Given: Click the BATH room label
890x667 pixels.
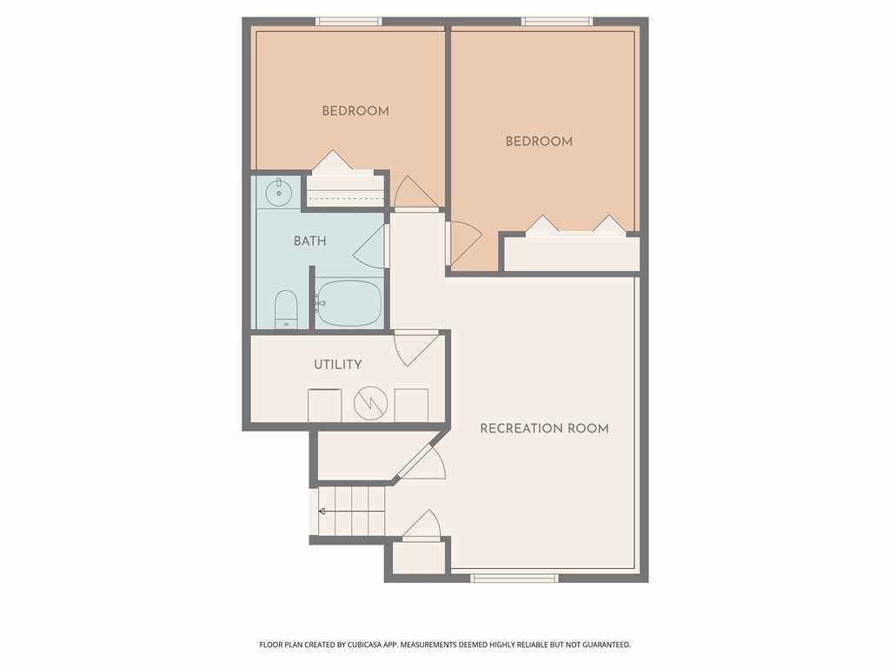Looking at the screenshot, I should [x=309, y=241].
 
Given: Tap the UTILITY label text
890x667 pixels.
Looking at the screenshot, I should [x=338, y=365].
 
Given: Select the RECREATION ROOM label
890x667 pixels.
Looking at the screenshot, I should [x=544, y=428].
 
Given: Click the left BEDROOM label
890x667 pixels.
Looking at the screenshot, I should [x=355, y=111].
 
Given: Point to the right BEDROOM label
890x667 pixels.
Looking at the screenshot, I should [x=539, y=142].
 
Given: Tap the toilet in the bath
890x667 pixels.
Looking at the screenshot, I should [x=286, y=309].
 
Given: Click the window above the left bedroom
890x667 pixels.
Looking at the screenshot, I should [x=349, y=21].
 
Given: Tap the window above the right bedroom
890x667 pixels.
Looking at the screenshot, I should [x=557, y=21].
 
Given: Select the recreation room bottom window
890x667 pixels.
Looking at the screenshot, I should [x=514, y=577].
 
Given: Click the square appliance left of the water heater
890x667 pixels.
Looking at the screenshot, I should [x=325, y=406].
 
